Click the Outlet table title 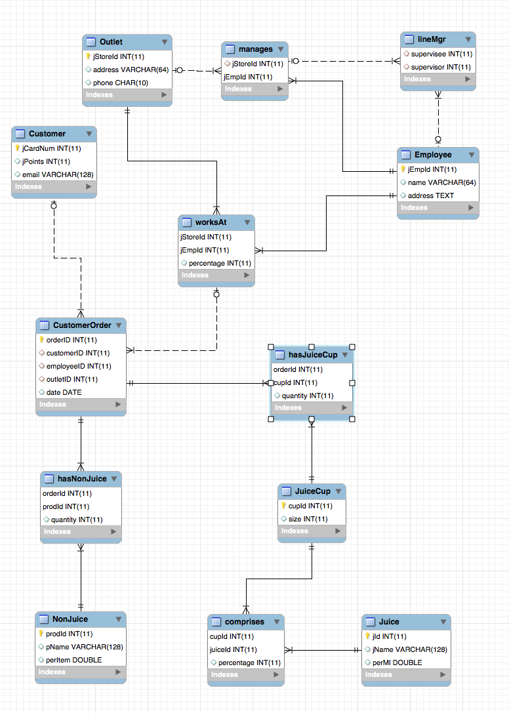[111, 42]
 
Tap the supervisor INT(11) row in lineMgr [441, 67]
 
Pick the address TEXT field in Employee [431, 195]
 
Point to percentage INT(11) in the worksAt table [220, 263]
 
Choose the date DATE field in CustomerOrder [64, 392]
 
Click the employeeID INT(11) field [79, 366]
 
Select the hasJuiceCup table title [313, 355]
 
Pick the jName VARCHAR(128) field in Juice [409, 649]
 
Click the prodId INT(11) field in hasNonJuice [66, 506]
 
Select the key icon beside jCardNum [18, 148]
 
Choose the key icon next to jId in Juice [367, 636]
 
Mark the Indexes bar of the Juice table [406, 674]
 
